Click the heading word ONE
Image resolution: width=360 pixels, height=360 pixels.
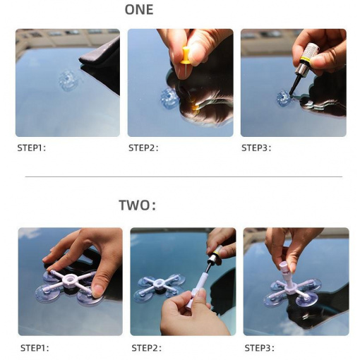point(139,10)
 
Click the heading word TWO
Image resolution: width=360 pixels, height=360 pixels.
point(135,205)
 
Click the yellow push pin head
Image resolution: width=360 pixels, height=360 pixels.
point(185,56)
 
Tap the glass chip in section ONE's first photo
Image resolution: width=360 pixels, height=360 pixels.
point(68,80)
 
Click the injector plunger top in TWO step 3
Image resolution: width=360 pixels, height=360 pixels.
point(283,267)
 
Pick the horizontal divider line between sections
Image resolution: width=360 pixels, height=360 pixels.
point(184,176)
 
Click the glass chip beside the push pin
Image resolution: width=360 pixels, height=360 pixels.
point(169,98)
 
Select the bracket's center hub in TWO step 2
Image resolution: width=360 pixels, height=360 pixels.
point(160,284)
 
